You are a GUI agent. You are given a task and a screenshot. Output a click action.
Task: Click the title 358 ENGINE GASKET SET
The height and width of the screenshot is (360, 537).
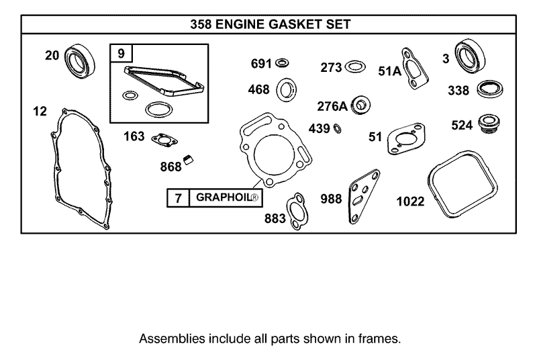268,25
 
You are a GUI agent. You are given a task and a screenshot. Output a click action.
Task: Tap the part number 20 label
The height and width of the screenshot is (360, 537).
52,56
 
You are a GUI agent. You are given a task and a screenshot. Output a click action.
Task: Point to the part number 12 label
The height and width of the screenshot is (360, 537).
40,111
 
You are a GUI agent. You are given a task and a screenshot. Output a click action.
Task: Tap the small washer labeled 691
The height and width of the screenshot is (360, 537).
283,63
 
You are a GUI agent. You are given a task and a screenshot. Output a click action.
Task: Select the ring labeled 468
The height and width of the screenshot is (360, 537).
287,89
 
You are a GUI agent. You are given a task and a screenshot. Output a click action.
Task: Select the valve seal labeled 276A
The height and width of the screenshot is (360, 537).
362,105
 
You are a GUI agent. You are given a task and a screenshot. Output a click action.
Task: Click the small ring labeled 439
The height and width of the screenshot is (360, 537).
338,128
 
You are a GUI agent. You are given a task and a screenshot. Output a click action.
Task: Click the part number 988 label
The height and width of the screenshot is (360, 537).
332,199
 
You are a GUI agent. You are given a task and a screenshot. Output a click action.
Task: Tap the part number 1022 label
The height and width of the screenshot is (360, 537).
410,201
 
